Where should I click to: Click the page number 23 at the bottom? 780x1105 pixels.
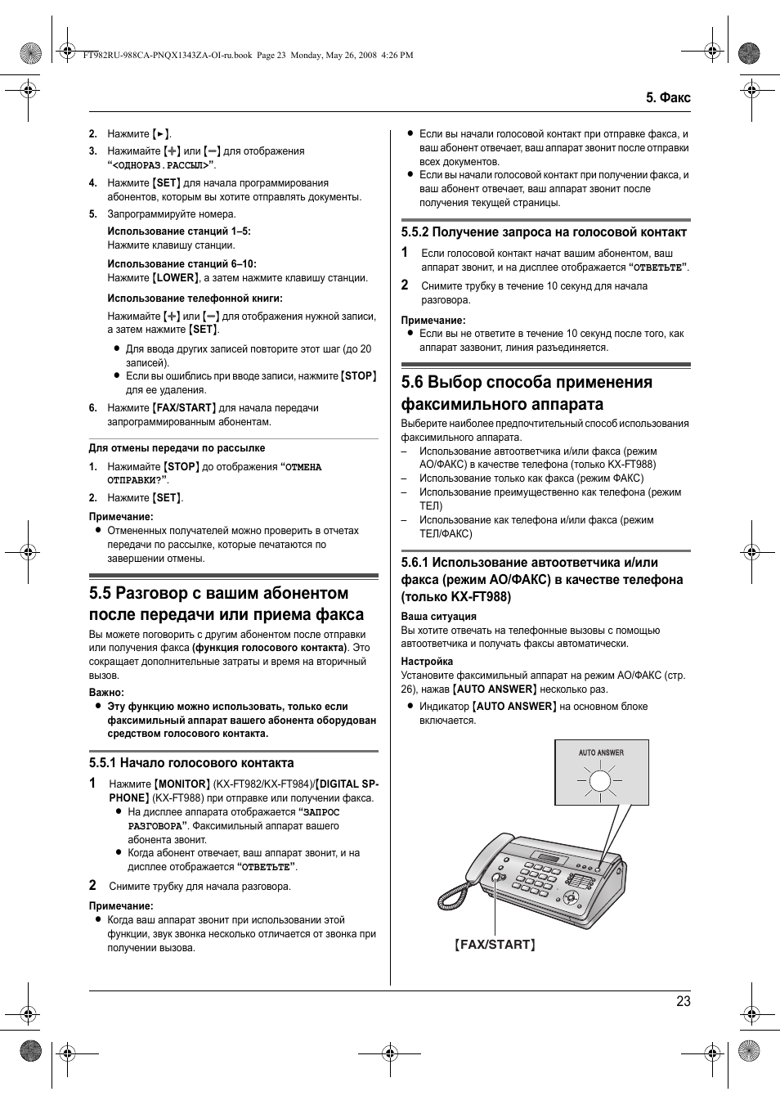click(x=683, y=1001)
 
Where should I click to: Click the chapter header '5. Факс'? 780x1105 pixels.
click(x=667, y=97)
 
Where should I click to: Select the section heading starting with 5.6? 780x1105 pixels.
click(x=527, y=393)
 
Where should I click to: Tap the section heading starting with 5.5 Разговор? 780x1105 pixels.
click(x=226, y=604)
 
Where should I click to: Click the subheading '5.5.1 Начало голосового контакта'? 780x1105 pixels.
click(x=191, y=762)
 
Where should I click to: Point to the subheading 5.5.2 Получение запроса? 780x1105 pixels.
click(x=544, y=232)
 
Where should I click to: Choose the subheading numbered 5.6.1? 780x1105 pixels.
click(x=541, y=579)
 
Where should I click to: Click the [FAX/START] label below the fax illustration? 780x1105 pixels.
click(x=495, y=944)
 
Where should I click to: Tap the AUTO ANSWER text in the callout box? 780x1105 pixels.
click(x=601, y=752)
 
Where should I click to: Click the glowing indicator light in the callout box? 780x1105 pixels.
click(x=600, y=781)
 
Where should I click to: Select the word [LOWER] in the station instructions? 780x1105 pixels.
click(x=176, y=278)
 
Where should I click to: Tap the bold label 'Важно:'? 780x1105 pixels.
click(x=106, y=693)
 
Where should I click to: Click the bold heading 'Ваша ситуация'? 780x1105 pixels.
click(x=438, y=617)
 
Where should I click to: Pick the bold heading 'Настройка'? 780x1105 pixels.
click(x=427, y=662)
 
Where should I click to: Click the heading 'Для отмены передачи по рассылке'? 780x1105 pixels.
click(x=177, y=448)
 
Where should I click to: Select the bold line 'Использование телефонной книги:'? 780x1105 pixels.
click(x=195, y=299)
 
